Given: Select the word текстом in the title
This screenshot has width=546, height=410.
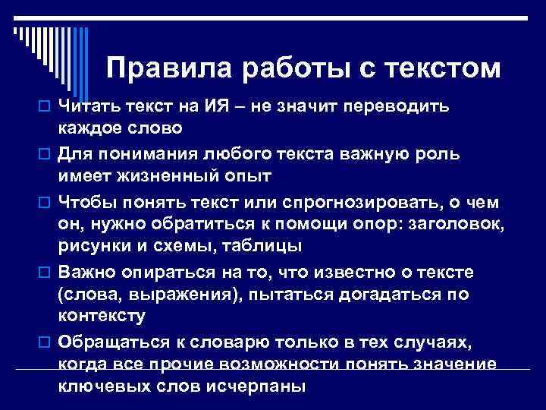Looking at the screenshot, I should [444, 69].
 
